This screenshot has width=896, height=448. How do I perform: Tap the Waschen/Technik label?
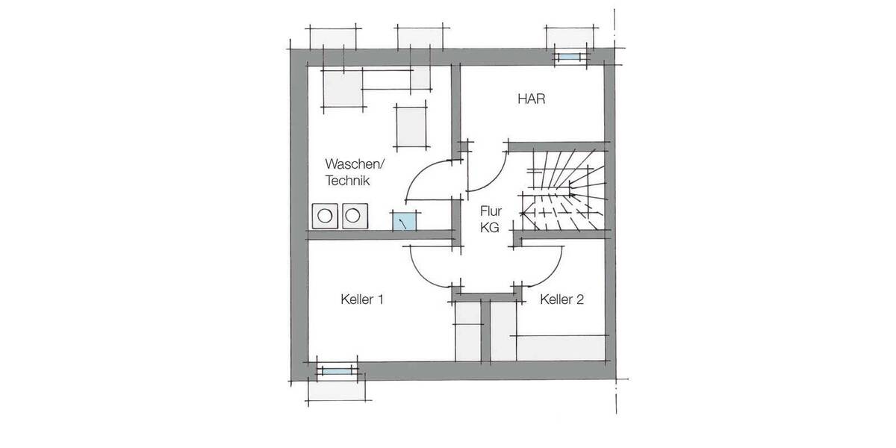pyautogui.click(x=353, y=171)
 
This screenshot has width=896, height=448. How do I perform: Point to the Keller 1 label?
pyautogui.click(x=361, y=300)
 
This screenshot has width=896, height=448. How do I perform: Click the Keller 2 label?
pyautogui.click(x=561, y=300)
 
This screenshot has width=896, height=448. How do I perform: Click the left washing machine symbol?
pyautogui.click(x=325, y=216)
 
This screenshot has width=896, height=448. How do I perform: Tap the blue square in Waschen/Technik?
pyautogui.click(x=405, y=222)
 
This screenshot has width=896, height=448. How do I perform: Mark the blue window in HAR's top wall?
pyautogui.click(x=569, y=57)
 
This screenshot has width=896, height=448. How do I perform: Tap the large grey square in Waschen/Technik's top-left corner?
pyautogui.click(x=343, y=88)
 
